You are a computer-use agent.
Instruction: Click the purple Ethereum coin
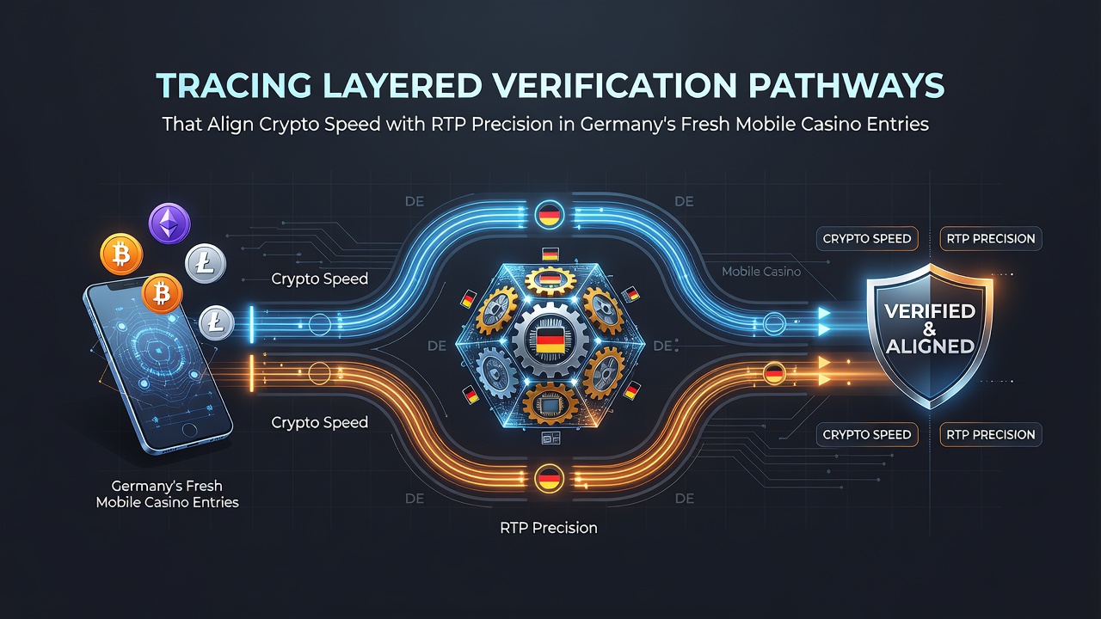pos(169,224)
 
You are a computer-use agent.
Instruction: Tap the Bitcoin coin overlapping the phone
pos(162,293)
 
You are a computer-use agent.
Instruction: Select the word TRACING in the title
pos(234,85)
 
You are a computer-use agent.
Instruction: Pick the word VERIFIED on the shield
pos(930,311)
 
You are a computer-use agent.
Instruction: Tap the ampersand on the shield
pos(930,329)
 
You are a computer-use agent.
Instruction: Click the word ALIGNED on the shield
pos(930,346)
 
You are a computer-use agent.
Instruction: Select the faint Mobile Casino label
pos(761,271)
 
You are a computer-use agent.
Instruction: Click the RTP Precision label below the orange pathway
pos(549,528)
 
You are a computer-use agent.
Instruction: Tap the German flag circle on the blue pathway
pos(549,216)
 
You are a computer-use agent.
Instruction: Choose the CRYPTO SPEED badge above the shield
pos(867,239)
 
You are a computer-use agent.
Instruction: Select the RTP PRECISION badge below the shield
pos(990,434)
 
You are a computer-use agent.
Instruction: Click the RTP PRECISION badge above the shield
pos(990,239)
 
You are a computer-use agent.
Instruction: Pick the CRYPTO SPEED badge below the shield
pos(867,434)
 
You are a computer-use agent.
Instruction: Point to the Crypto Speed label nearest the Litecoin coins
pos(319,279)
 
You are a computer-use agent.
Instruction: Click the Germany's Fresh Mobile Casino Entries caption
pos(167,493)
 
